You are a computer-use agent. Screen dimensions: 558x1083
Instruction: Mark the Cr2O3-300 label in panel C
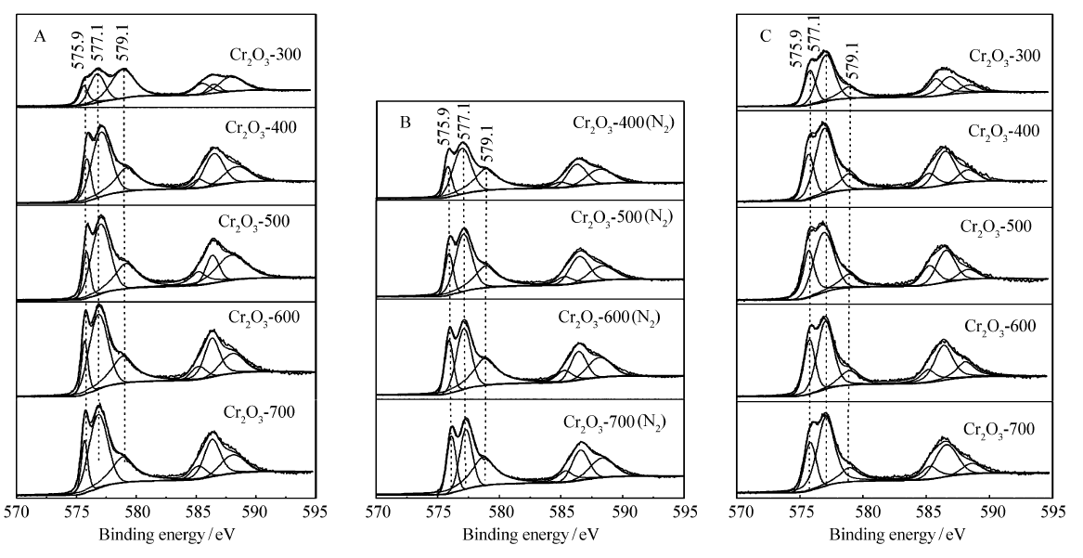[1004, 55]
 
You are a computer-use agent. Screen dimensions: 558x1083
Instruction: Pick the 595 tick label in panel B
[685, 510]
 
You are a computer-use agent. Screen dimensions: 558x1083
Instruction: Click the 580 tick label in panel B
[500, 510]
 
